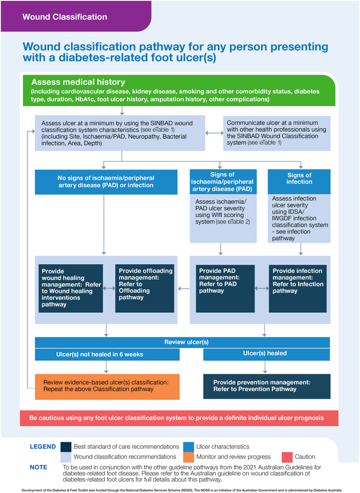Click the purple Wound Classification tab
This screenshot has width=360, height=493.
[57, 17]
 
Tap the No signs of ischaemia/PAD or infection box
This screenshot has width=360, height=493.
[106, 181]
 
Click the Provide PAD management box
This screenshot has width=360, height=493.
[225, 288]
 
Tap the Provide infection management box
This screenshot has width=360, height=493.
[299, 288]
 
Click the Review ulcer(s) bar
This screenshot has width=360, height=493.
[182, 342]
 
